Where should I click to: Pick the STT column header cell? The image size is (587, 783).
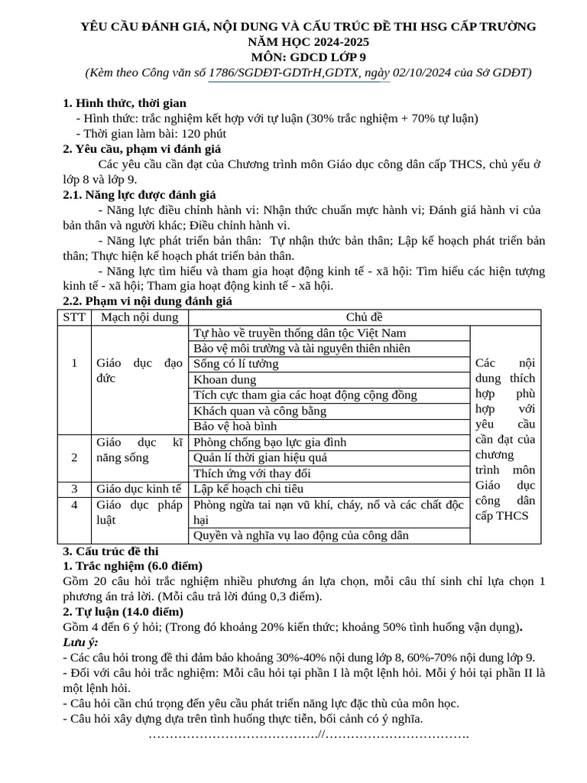(x=75, y=317)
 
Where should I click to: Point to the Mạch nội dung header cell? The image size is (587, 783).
(x=139, y=317)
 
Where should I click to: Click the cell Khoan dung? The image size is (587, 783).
(x=225, y=379)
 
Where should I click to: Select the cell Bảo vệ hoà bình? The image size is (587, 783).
(x=235, y=426)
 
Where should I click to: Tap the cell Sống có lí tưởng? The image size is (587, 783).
(x=236, y=364)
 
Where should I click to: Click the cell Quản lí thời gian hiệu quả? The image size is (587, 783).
(x=260, y=457)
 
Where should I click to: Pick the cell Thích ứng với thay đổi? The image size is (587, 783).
(x=252, y=473)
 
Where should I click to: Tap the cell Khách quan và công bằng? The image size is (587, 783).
(x=260, y=411)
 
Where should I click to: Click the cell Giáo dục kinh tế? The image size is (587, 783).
(x=139, y=489)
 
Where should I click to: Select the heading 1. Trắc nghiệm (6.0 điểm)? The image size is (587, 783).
(x=132, y=566)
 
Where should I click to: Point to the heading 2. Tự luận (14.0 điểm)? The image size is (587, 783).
(x=123, y=612)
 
